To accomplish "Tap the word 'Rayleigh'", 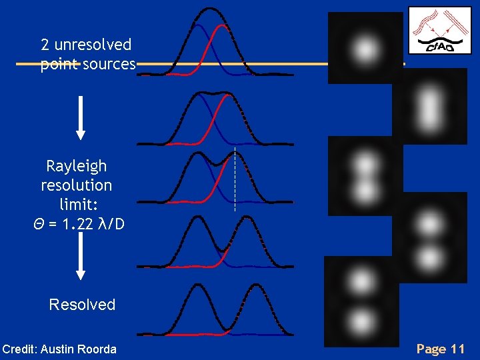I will point(76,166).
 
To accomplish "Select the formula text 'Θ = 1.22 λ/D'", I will point(78,224).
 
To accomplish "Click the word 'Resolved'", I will point(82,305).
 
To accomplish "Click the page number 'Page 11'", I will point(440,349).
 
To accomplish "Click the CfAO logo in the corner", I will point(439,30).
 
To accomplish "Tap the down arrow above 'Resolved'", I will point(81,257).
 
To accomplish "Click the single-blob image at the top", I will point(365,48).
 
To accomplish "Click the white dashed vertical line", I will point(235,180).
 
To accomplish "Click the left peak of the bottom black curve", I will point(197,285).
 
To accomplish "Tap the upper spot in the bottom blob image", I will point(361,278).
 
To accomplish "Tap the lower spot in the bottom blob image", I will point(361,321).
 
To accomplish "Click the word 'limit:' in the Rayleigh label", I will point(76,204).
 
